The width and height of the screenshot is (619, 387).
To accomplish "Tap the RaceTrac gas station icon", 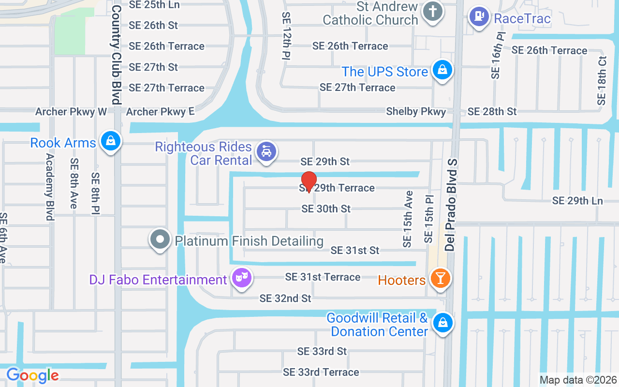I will [x=479, y=17].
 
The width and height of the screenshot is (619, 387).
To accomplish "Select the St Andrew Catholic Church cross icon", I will [x=432, y=11].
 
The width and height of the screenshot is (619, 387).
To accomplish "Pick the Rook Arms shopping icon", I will [x=111, y=141].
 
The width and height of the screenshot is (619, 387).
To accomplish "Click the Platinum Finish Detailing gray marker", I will [x=160, y=239].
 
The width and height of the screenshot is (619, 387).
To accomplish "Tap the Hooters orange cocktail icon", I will [x=441, y=279].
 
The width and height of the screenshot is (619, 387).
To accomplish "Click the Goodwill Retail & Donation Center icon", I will [x=442, y=322].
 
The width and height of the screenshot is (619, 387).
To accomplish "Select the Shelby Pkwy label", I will [x=416, y=112].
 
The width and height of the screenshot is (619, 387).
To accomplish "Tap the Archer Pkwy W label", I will [x=71, y=112].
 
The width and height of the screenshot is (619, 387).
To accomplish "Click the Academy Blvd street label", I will [x=49, y=187].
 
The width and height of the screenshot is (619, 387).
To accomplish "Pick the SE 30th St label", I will [x=326, y=208].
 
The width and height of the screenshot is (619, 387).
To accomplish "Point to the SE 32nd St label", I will [x=285, y=298].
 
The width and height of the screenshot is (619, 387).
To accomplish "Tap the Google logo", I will [x=32, y=375].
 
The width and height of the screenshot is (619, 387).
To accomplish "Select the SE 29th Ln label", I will [x=578, y=200].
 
